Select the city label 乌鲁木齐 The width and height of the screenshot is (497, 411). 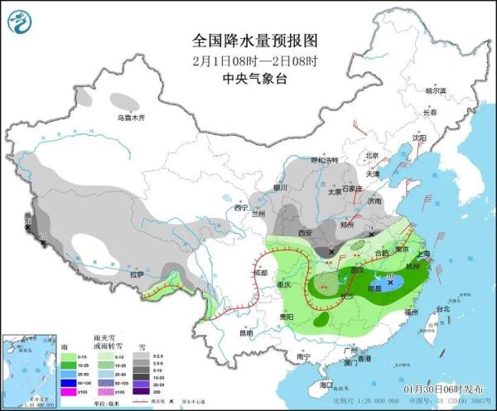(x=130, y=118)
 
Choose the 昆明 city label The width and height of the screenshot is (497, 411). (x=245, y=333)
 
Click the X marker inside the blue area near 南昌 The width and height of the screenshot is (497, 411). (x=390, y=282)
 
